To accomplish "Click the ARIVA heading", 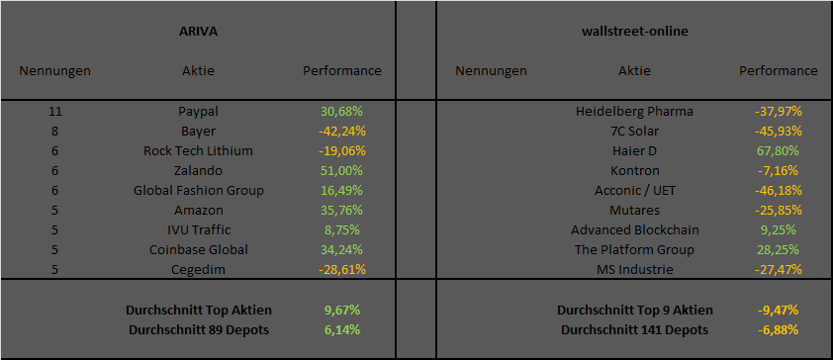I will (198, 31).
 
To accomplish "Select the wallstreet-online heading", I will (635, 31).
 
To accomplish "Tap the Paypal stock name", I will (198, 111).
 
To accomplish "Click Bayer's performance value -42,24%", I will (341, 131).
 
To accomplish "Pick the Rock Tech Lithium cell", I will (198, 150).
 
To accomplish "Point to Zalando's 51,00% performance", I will (341, 170).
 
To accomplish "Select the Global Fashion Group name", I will (198, 190).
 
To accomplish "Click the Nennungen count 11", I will (55, 111).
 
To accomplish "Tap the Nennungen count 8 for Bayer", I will (55, 131).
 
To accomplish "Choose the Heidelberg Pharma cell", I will (634, 111).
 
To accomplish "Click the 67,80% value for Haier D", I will (778, 150).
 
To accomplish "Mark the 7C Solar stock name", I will (634, 131).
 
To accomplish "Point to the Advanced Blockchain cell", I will (634, 229).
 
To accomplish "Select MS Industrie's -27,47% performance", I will (778, 269).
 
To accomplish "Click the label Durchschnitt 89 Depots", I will (200, 329).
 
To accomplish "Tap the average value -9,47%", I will (778, 310).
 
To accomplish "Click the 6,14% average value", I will (341, 329).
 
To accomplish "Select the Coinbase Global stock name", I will (198, 249).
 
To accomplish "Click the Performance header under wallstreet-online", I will (778, 70).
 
